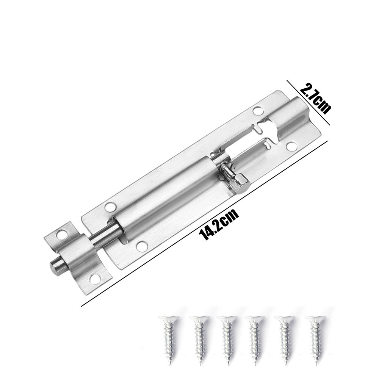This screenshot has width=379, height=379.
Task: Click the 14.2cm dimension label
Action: [x=219, y=224]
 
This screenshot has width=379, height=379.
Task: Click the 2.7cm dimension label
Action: [x=315, y=98]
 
